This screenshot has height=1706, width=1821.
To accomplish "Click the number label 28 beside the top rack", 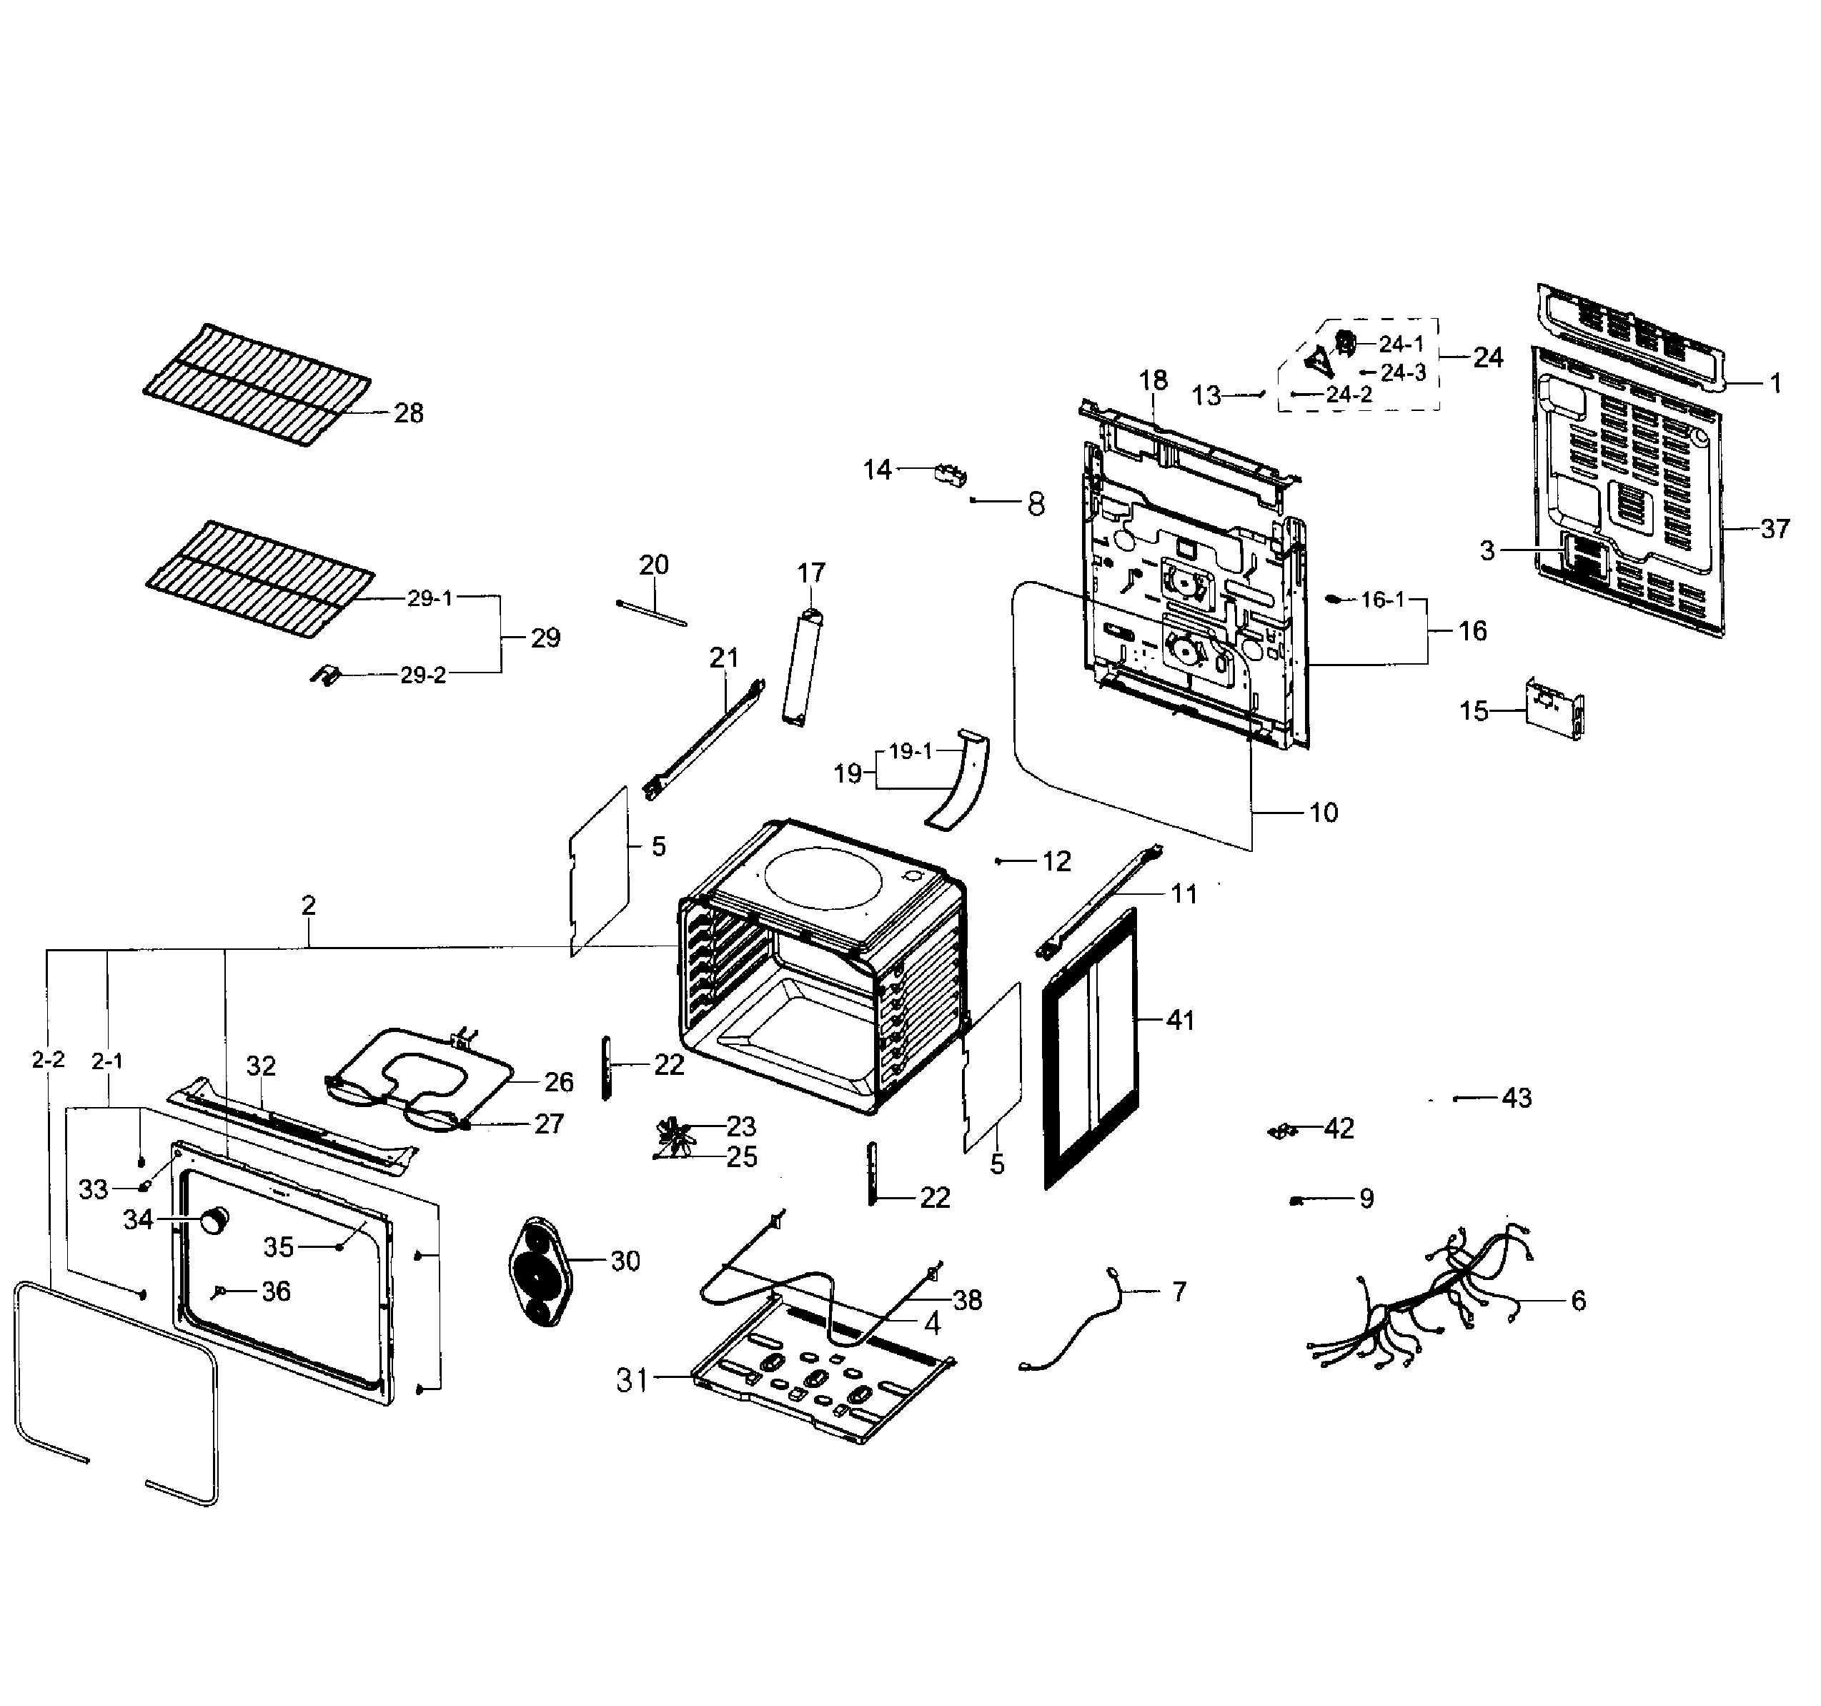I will (x=409, y=413).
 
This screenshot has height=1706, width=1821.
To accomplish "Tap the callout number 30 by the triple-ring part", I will (x=625, y=1261).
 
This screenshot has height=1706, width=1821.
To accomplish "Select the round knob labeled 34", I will (x=214, y=1221).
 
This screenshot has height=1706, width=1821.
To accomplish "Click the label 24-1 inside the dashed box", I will (x=1401, y=344).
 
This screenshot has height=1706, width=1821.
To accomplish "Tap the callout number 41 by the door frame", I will (x=1180, y=1020).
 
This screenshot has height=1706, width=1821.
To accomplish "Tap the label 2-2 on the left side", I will (x=48, y=1060).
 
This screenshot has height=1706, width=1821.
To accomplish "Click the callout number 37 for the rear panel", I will (x=1775, y=529).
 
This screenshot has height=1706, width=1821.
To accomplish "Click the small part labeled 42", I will (x=1282, y=1131).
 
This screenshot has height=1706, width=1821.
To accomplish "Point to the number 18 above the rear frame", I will (x=1153, y=380).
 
